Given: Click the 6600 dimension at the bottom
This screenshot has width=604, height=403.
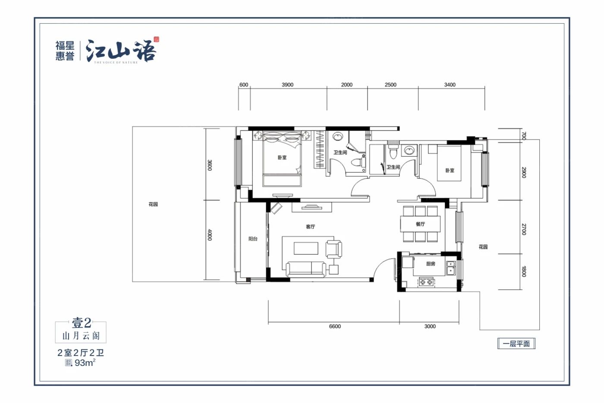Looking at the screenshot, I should point(335,326).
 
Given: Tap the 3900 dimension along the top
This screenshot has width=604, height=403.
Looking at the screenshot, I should point(287,85).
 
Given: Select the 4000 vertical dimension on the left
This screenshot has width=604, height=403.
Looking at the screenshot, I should point(209,235).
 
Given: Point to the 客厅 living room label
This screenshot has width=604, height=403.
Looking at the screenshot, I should point(310,226).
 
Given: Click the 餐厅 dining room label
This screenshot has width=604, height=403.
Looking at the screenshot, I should point(420,224).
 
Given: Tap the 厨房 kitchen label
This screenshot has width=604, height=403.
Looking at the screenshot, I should point(430,263).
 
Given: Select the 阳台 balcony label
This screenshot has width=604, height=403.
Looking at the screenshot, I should point(253,238).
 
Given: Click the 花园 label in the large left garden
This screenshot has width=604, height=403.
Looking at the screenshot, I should point(153,204).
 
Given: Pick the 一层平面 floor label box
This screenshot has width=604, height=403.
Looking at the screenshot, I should point(516,344).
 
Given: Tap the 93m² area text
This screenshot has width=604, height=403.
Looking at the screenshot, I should point(84,363).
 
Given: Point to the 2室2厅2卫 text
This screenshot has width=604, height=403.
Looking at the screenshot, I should point(81,352).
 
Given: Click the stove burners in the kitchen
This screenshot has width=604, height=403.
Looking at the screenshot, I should point(426,282).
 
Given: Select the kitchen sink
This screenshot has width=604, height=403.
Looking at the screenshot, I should point(451,267).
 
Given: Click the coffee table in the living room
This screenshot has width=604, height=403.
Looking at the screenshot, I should point(306,248).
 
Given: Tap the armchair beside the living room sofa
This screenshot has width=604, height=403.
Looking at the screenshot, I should point(333,249).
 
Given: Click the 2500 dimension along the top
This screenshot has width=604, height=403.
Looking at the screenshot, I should point(390,85).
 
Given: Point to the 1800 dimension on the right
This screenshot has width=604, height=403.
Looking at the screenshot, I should point(523,271).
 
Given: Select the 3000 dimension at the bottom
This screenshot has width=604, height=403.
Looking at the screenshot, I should point(430,326).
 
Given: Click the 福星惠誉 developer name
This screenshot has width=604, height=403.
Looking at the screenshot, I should point(65,51).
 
